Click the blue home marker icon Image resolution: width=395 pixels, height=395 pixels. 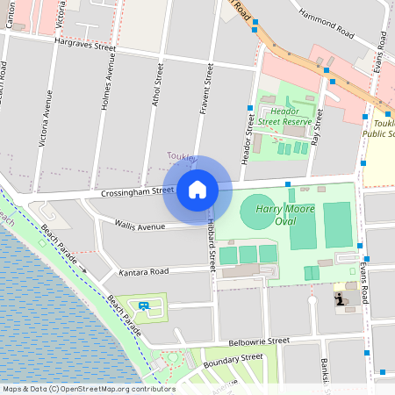click(197, 190)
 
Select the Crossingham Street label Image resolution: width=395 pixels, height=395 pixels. click(138, 190)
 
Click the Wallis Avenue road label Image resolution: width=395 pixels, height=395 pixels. click(140, 226)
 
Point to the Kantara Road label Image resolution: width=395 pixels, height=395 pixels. click(143, 272)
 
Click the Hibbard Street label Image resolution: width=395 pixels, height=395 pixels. click(212, 246)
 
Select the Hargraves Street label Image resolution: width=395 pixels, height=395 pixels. click(86, 40)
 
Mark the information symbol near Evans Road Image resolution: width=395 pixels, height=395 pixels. click(340, 299)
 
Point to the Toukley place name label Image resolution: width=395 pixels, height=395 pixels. click(181, 156)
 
